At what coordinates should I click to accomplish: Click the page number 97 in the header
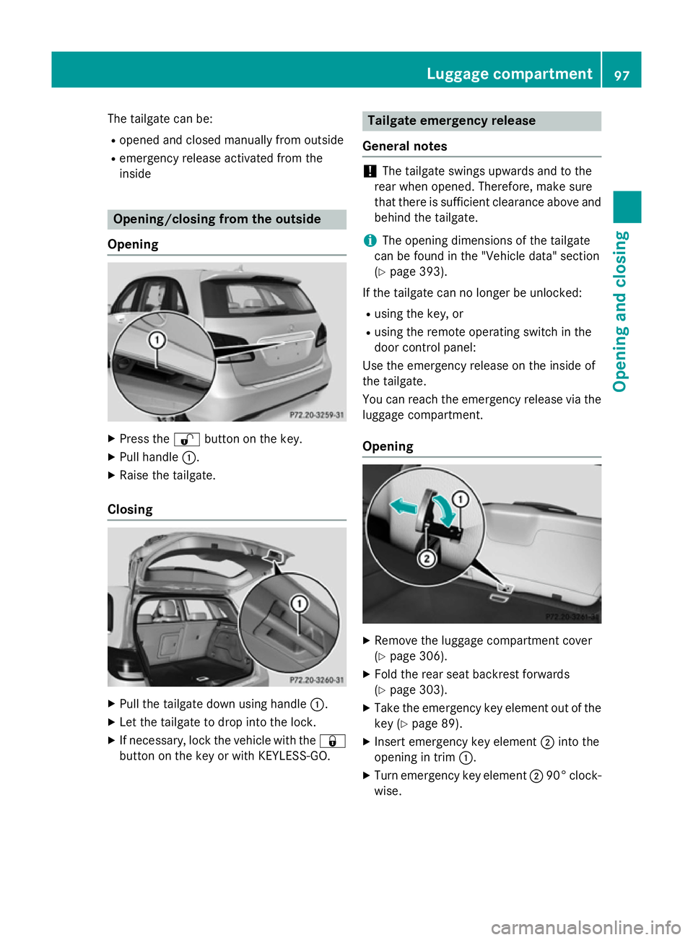[622, 75]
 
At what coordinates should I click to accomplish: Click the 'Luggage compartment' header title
[509, 74]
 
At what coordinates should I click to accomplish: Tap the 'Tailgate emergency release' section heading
[451, 121]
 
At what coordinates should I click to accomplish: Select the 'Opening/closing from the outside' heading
[217, 219]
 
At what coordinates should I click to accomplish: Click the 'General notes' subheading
[404, 146]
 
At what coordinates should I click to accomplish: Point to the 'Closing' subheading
[130, 509]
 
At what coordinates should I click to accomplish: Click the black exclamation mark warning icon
[370, 172]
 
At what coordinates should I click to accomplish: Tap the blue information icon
[370, 240]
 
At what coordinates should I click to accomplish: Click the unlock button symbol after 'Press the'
[186, 439]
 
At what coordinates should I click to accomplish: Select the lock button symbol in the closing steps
[332, 741]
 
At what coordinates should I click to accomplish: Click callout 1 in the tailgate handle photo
[157, 340]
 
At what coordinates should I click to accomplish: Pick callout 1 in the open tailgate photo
[299, 604]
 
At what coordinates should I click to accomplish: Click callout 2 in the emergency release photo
[427, 558]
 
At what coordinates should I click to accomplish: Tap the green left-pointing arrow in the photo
[404, 507]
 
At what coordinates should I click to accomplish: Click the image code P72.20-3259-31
[316, 415]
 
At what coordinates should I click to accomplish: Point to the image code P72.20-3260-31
[316, 680]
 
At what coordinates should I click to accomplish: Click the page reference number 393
[431, 271]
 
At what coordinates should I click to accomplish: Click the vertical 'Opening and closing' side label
[621, 311]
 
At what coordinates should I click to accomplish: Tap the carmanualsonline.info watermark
[585, 927]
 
